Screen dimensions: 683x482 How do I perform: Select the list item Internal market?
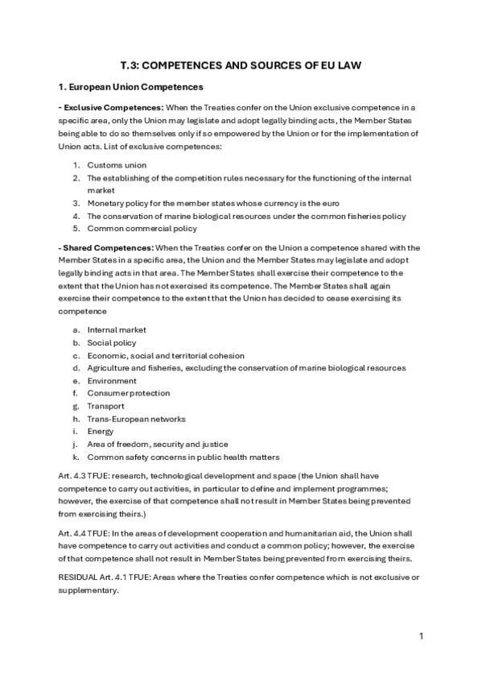tap(117, 329)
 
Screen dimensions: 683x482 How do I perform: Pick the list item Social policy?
tap(112, 342)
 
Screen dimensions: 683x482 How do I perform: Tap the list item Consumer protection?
tap(128, 393)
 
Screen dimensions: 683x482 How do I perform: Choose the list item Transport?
tap(106, 406)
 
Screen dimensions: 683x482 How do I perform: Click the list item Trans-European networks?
tap(135, 419)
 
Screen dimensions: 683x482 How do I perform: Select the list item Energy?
tap(101, 431)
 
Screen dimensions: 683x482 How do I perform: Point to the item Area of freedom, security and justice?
tap(157, 444)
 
